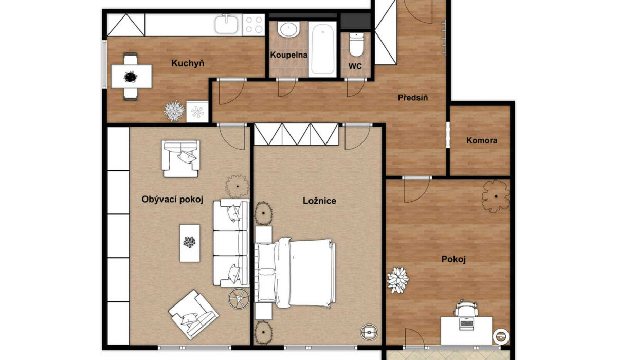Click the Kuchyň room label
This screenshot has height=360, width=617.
click(x=188, y=63)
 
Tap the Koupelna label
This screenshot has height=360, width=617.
click(x=288, y=55)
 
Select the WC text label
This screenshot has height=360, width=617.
click(x=355, y=66)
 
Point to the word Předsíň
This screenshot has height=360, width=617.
click(x=412, y=97)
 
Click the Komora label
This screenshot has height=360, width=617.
click(x=482, y=140)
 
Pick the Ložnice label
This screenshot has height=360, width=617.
click(x=319, y=201)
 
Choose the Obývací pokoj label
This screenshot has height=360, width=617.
click(x=172, y=199)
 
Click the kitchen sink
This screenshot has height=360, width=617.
click(x=226, y=25)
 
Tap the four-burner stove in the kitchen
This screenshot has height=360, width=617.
click(x=253, y=25)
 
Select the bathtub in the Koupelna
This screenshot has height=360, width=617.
click(x=322, y=49)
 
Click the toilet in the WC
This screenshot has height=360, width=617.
click(x=356, y=45)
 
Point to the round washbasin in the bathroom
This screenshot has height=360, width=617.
click(x=288, y=29)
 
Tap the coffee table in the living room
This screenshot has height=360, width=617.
click(x=190, y=243)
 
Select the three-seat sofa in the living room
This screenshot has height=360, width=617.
click(x=231, y=243)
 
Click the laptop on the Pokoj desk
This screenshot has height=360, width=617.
click(x=466, y=323)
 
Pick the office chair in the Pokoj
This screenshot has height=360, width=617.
click(x=466, y=308)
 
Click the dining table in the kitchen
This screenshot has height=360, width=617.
click(x=132, y=77)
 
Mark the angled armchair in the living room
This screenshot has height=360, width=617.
click(x=193, y=315)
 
